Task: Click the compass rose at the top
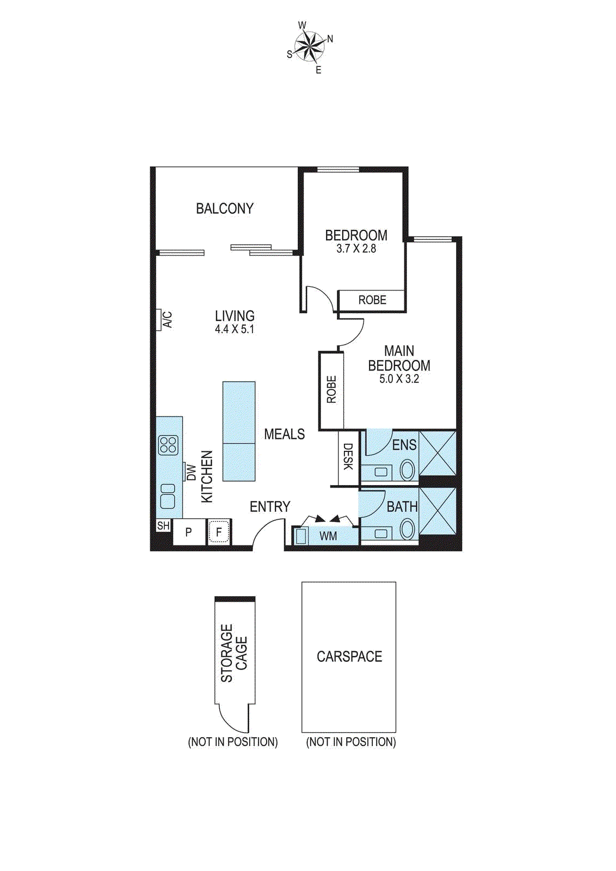coord(310,46)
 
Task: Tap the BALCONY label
coord(225,208)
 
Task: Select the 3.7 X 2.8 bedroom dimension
coord(356,249)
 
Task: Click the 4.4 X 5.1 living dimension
coord(235,329)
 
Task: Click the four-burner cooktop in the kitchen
coord(168,445)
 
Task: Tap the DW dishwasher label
coord(191,472)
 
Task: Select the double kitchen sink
coord(168,496)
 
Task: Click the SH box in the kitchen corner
coord(163,526)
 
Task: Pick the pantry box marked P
coord(189,532)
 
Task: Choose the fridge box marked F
coord(219,532)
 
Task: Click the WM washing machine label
coord(328,536)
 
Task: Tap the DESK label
coord(348,457)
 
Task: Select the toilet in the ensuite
coord(407,470)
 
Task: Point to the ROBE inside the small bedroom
coord(372,300)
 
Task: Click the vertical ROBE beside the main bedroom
coord(331,390)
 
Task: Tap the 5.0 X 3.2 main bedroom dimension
coord(399,379)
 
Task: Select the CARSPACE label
coord(349,657)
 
